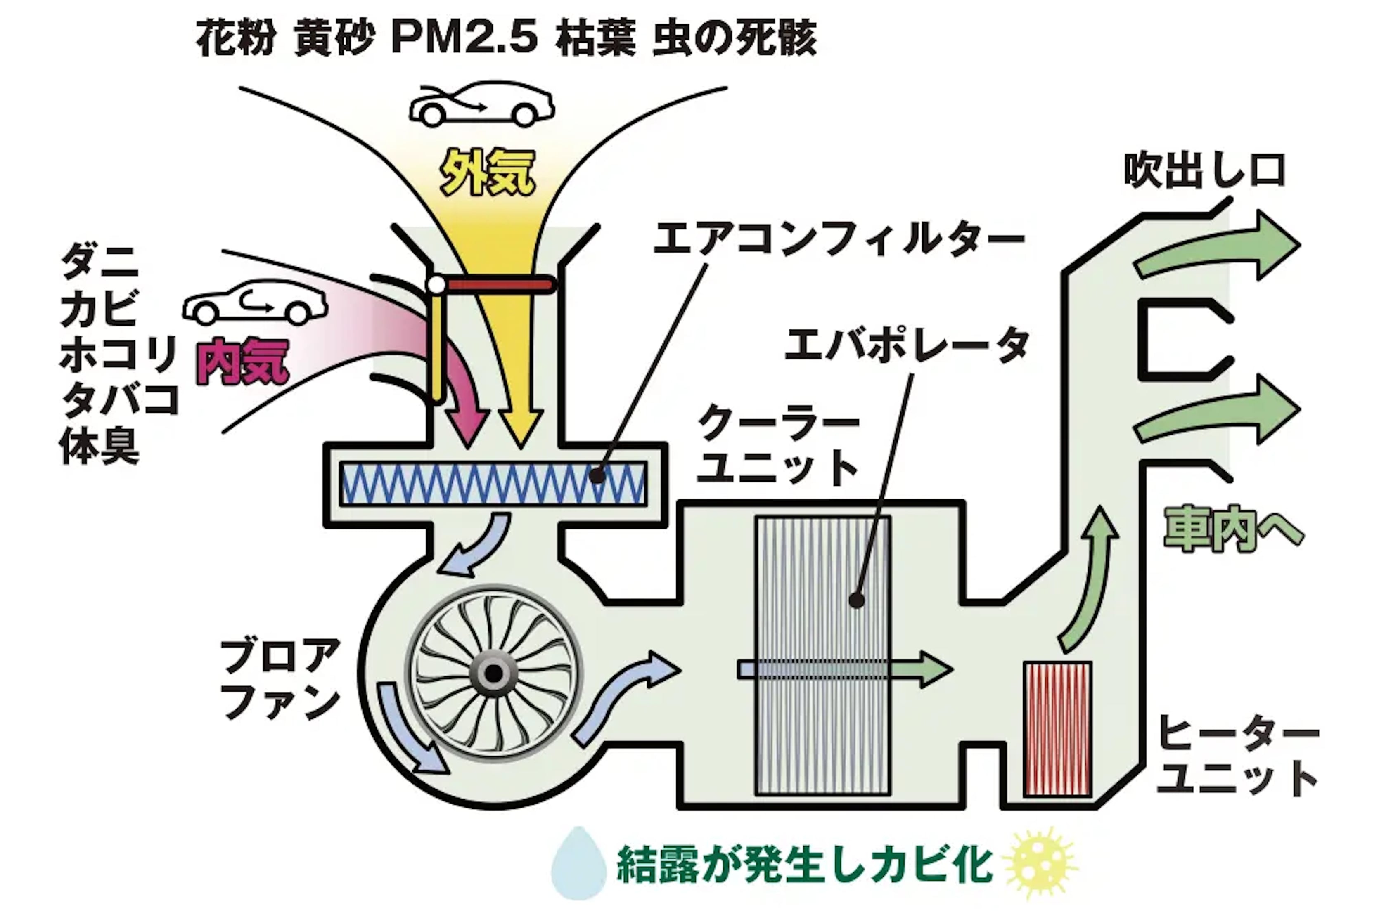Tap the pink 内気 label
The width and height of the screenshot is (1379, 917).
coord(243,362)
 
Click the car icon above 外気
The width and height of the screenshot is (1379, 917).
coord(481,104)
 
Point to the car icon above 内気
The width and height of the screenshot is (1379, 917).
coord(255,303)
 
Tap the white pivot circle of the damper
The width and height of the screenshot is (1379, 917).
coord(436,285)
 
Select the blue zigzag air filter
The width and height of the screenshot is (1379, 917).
coord(493,484)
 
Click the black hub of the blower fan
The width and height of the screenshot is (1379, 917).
coord(494,674)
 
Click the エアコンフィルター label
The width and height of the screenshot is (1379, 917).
coord(838,239)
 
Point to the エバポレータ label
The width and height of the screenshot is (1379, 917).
coord(906,345)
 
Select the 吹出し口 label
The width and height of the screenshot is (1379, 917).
coord(1204,171)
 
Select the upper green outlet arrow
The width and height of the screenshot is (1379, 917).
coord(1217,246)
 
